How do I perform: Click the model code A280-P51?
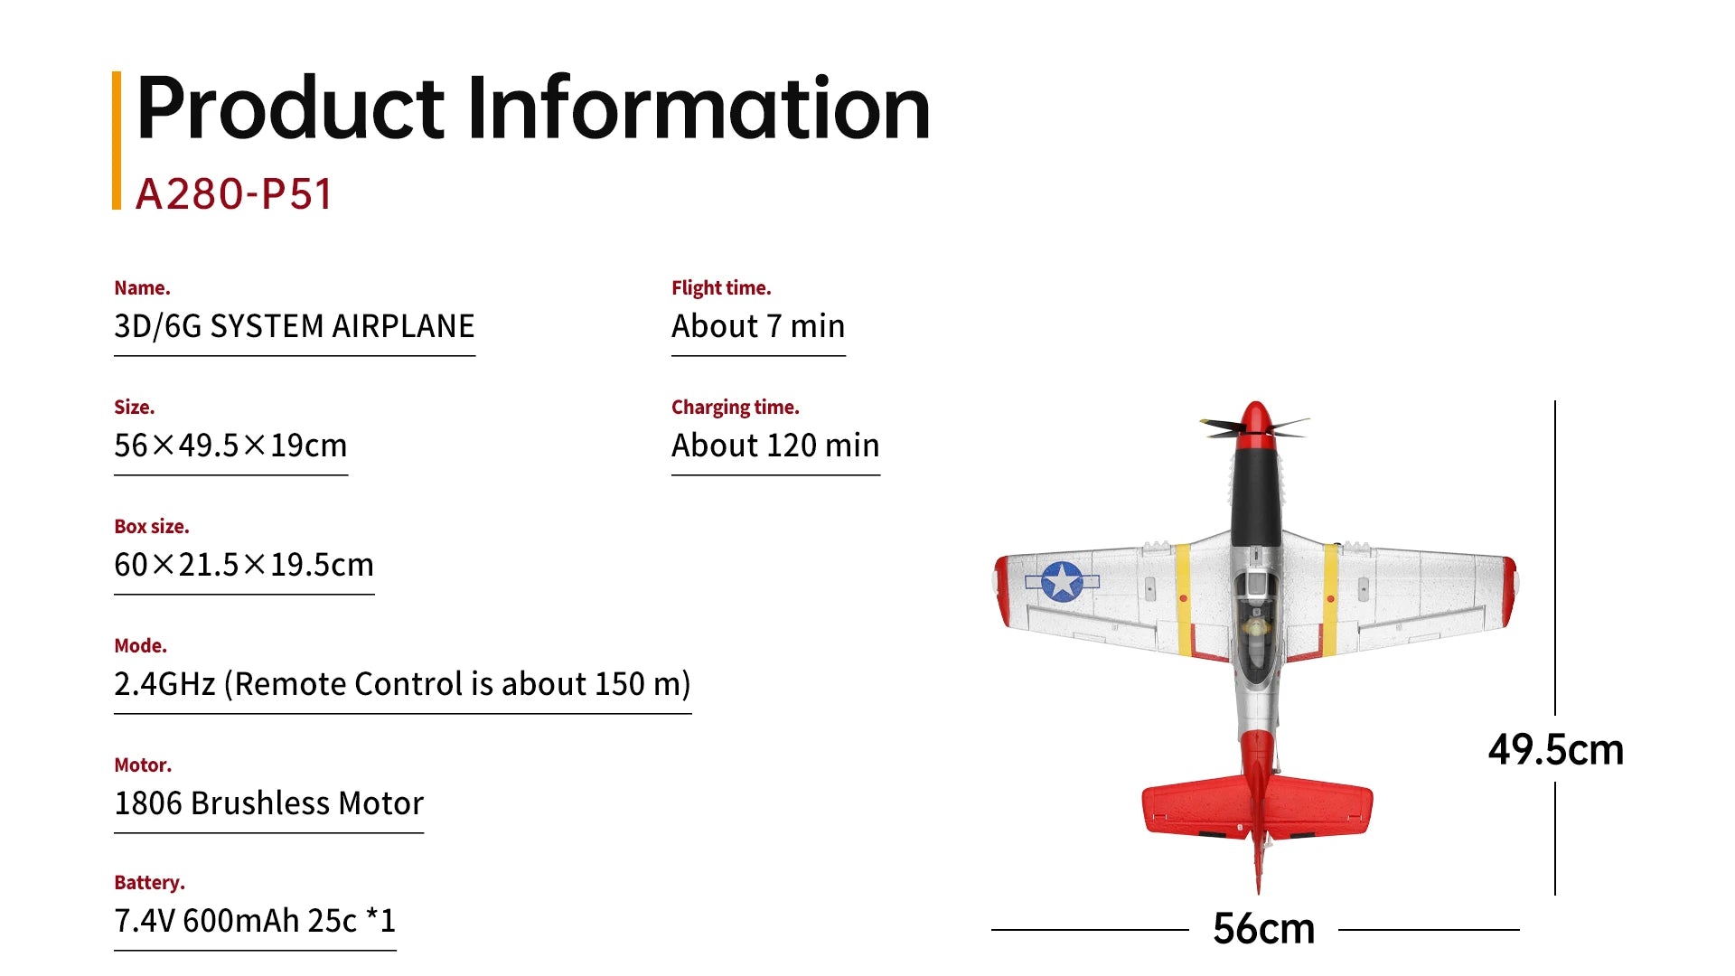(234, 193)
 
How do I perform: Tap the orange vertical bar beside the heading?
(117, 140)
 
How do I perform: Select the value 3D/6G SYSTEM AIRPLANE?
(294, 326)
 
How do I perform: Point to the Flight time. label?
(720, 288)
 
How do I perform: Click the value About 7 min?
(757, 326)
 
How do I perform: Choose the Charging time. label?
(735, 408)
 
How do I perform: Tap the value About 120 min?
(774, 446)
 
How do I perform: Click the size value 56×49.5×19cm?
(230, 446)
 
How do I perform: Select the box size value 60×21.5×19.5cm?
(243, 565)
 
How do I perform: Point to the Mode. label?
(140, 646)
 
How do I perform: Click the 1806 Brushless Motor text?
(268, 803)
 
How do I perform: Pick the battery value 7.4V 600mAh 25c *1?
(255, 921)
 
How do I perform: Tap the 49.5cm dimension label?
(1555, 749)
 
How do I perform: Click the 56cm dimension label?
(1263, 928)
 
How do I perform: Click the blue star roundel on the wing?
(1062, 581)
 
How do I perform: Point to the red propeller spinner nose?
(1254, 421)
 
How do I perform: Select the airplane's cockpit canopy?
(1255, 624)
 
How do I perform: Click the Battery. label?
(149, 883)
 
